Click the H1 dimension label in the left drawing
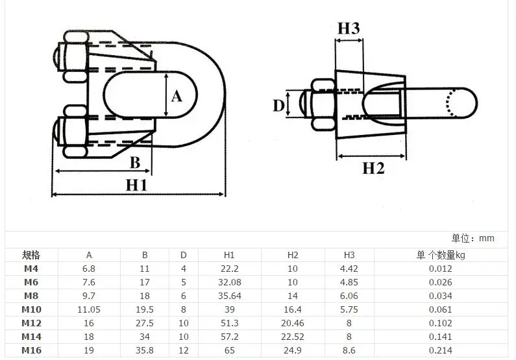tap(136, 186)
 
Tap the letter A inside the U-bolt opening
tap(177, 97)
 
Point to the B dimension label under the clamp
tap(135, 163)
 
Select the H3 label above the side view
tap(349, 29)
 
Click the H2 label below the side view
tap(373, 169)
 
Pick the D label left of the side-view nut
tap(278, 106)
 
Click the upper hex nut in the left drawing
tap(76, 56)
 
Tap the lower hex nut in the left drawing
tap(76, 131)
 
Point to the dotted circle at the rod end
tap(452, 102)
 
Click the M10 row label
tap(31, 309)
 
